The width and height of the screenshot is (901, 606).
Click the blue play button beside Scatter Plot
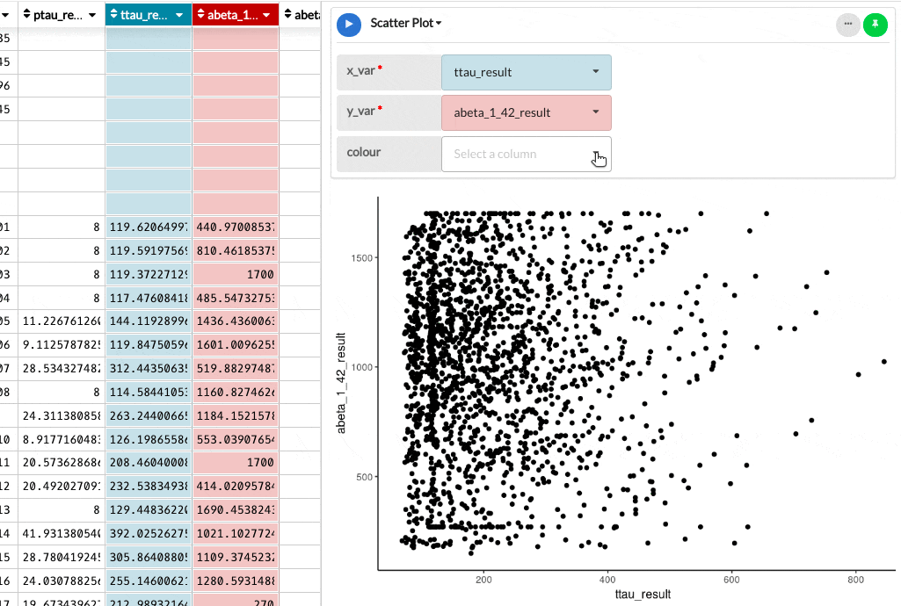(349, 24)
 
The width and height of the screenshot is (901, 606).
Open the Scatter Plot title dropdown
(406, 24)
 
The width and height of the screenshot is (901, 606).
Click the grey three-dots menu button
(847, 25)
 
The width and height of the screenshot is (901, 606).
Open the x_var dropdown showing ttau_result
(526, 72)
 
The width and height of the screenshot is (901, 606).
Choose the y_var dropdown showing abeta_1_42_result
(526, 112)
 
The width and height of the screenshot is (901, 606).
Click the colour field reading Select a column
(526, 154)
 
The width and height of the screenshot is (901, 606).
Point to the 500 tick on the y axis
(363, 477)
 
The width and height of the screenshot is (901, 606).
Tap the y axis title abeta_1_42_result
(343, 382)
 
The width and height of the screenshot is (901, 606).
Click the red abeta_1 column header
(235, 14)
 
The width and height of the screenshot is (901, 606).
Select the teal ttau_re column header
(148, 14)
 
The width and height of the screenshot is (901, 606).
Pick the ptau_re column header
(61, 14)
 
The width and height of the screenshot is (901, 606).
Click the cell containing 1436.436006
(235, 320)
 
